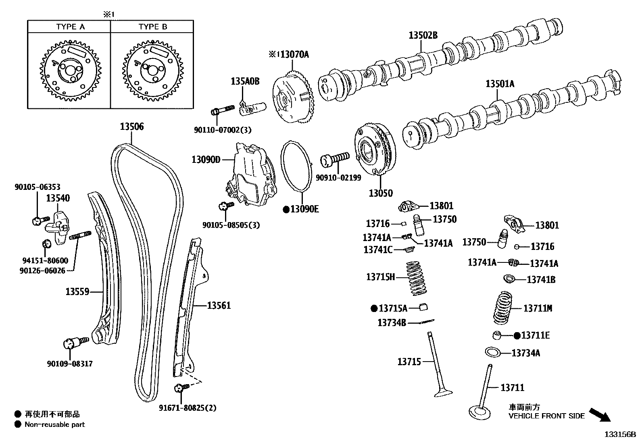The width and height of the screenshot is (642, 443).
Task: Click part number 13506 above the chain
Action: point(131,127)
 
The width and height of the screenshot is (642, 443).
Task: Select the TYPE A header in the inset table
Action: point(71,27)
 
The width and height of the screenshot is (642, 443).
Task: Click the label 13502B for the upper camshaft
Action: point(423,35)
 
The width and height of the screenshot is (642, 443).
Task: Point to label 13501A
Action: point(500,84)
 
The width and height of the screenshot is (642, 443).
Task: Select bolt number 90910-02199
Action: point(338,177)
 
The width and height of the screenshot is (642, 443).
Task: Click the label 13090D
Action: point(206,160)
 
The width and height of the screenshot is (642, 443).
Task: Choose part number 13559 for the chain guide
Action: point(77,291)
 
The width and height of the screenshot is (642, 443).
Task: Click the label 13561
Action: point(219,306)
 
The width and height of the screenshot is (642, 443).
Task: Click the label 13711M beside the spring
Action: point(538,308)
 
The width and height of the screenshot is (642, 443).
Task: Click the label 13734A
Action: point(525,353)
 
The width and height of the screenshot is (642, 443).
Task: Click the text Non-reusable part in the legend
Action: point(55,424)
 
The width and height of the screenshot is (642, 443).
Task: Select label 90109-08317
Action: point(70,364)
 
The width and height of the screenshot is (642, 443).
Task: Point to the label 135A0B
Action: point(245,81)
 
